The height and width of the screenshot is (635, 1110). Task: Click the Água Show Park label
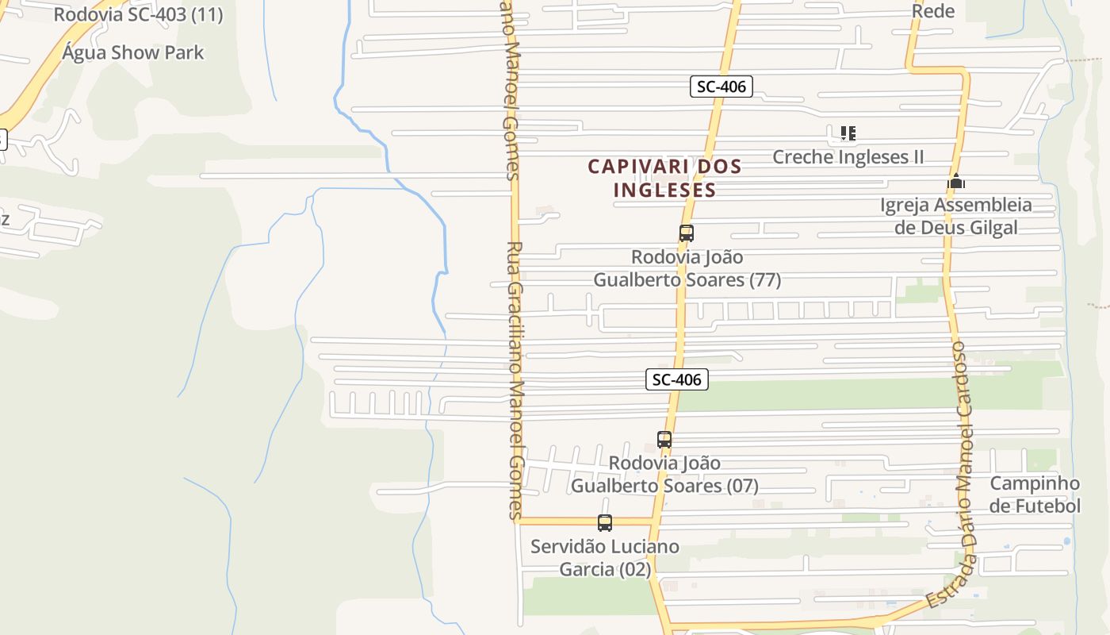[133, 53]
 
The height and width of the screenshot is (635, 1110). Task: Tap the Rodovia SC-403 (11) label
[138, 14]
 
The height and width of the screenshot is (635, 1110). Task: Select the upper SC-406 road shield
[721, 87]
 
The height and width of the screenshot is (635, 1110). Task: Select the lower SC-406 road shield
[676, 379]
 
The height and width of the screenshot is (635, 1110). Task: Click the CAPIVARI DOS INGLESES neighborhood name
[664, 179]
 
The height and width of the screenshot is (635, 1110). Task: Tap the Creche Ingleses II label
[848, 156]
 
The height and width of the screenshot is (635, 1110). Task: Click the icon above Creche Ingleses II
[848, 133]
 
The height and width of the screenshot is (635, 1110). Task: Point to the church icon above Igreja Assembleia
[956, 182]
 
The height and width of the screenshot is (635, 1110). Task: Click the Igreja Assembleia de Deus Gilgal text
[956, 216]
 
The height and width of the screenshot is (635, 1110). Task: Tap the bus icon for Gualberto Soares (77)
[687, 233]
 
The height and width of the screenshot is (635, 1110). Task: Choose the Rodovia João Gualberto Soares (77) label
[687, 268]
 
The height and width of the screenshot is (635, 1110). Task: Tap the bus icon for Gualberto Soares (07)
[664, 440]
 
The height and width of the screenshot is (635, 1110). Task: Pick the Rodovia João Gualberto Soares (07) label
[665, 474]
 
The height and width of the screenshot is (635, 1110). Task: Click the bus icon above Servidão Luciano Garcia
[605, 523]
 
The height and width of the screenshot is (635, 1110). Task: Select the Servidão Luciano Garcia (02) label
[605, 558]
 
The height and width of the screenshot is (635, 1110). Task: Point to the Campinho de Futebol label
[1035, 495]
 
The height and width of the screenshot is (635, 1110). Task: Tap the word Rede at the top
[933, 11]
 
